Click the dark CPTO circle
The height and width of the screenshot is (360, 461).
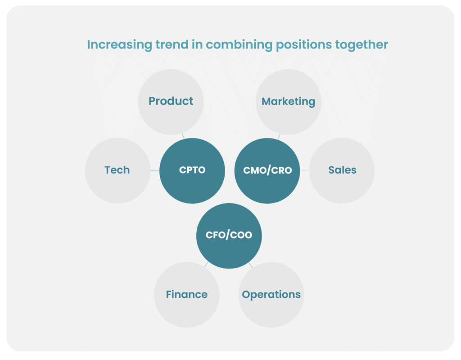[192, 171]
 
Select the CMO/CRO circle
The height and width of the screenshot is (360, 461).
[267, 171]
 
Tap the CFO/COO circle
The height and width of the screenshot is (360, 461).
[229, 236]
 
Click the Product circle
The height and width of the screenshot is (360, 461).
[171, 102]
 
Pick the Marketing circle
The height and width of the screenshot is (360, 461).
[289, 102]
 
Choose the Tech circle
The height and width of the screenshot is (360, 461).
[118, 171]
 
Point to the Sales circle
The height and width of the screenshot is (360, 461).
[342, 171]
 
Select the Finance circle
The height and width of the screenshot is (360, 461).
[187, 295]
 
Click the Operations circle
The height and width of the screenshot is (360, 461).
[271, 295]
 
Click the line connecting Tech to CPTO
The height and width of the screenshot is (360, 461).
[155, 171]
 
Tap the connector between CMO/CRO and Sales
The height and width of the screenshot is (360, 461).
[305, 171]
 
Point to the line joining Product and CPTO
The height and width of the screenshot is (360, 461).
[183, 136]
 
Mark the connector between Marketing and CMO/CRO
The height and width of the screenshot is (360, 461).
[279, 137]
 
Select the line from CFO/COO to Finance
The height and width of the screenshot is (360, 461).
[206, 264]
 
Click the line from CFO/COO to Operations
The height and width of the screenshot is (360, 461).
[251, 264]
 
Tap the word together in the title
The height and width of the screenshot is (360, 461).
[362, 45]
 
